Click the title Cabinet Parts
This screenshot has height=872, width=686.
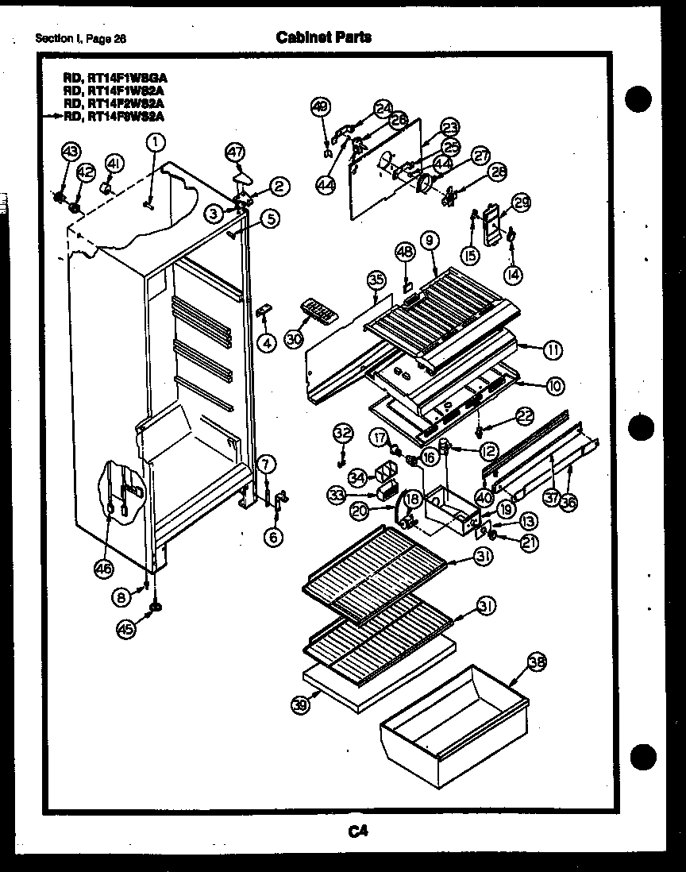pos(323,37)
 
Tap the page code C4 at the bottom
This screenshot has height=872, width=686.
pos(356,831)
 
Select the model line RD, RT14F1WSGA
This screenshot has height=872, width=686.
pos(115,78)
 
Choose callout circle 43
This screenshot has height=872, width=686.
pos(71,152)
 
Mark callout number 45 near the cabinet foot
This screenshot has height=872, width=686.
pos(126,628)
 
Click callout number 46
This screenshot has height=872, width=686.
pos(105,567)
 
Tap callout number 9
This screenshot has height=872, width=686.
pos(431,237)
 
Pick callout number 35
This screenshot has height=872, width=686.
pos(376,279)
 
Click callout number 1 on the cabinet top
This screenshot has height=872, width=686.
pos(156,141)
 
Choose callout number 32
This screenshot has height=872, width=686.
pos(342,433)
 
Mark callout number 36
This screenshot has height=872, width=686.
pos(568,502)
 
